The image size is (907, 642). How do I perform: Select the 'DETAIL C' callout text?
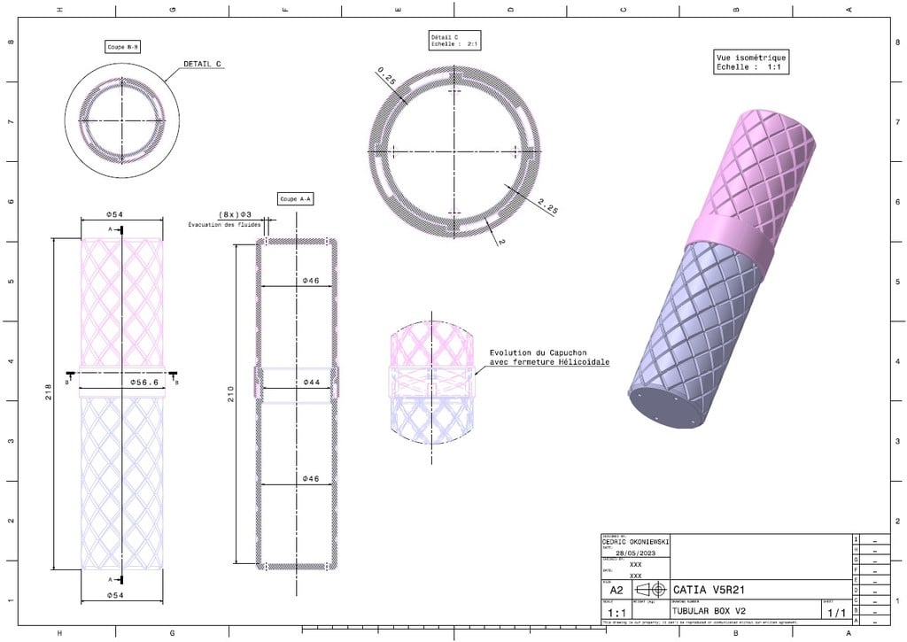pyautogui.click(x=202, y=64)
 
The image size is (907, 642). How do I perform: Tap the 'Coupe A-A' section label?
pyautogui.click(x=295, y=199)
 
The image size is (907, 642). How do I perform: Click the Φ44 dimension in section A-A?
pyautogui.click(x=310, y=383)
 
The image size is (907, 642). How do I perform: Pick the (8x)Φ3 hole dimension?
pyautogui.click(x=235, y=214)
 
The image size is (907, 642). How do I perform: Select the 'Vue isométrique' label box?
pyautogui.click(x=750, y=62)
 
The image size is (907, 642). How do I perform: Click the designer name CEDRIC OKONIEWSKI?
pyautogui.click(x=635, y=541)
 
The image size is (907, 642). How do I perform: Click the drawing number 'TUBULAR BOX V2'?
pyautogui.click(x=709, y=611)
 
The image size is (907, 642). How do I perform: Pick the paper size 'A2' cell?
pyautogui.click(x=616, y=590)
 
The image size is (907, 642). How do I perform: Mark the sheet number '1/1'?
pyautogui.click(x=834, y=612)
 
